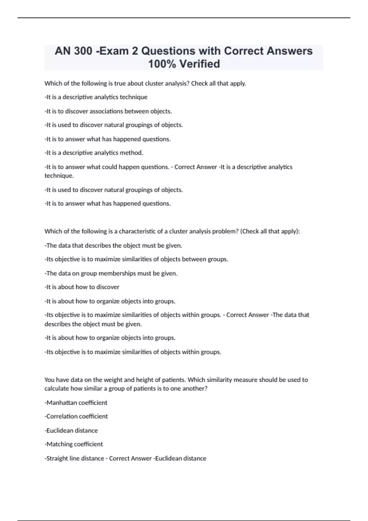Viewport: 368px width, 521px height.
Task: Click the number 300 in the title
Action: [83, 51]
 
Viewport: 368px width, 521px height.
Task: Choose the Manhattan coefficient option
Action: [76, 403]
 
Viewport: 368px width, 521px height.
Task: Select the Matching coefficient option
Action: [74, 444]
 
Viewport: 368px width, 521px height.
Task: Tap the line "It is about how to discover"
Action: [82, 287]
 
